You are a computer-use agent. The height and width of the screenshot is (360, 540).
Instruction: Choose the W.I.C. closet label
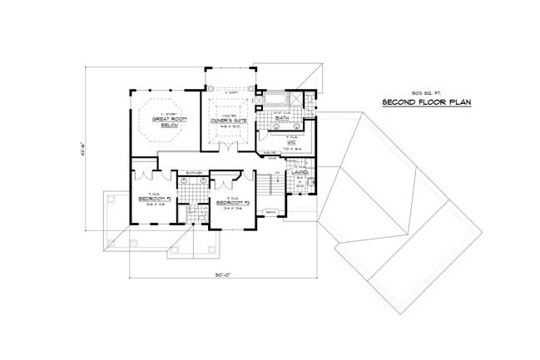pos(292,142)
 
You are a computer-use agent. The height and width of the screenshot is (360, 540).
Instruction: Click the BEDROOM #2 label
pos(156,199)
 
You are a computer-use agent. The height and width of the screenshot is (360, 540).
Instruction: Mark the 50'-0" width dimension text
pos(215,275)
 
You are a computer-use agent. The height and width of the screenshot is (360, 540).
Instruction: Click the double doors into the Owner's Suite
pos(225,147)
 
